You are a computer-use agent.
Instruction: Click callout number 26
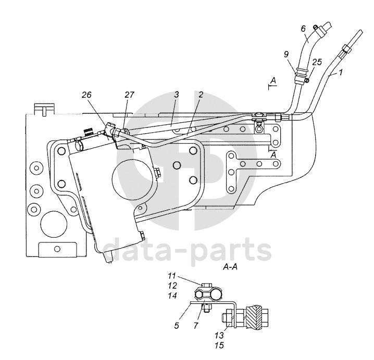(x=87, y=95)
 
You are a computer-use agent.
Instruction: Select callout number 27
(x=129, y=95)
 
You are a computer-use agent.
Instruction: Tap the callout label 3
(x=177, y=95)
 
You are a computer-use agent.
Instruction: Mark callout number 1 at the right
(x=341, y=73)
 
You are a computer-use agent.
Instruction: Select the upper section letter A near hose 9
(x=273, y=80)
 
